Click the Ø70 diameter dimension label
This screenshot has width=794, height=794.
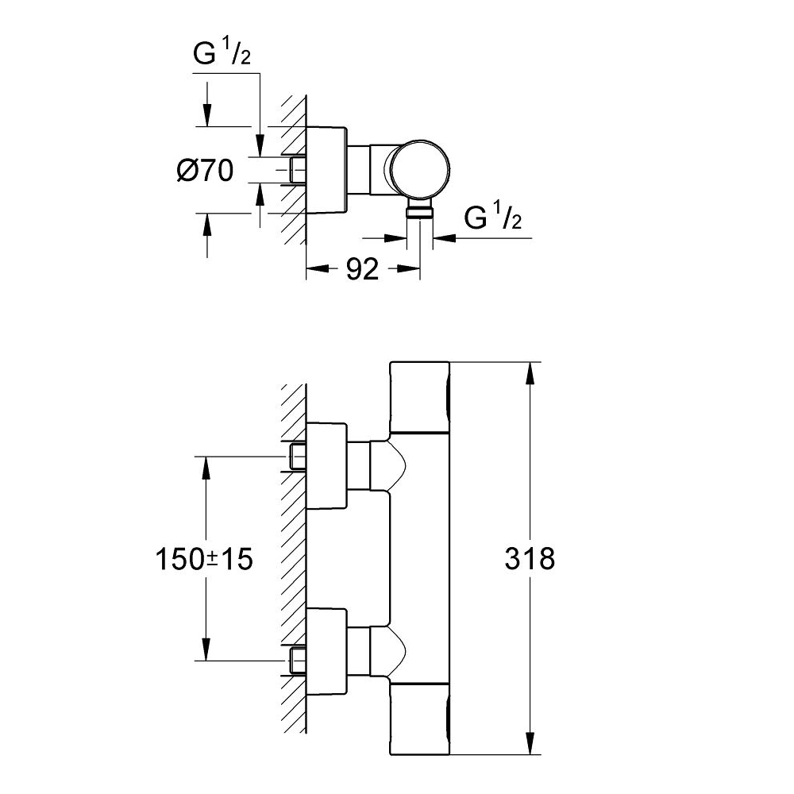pos(206,170)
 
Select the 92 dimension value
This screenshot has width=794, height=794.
pos(362,270)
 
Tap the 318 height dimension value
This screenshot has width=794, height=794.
pos(530,558)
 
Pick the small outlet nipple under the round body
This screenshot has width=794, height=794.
pos(420,210)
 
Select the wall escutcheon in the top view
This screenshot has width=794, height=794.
pos(326,170)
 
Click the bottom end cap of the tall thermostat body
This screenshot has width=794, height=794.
pos(420,719)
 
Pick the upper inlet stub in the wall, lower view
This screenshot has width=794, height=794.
pos(299,457)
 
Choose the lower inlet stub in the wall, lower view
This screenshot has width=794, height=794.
pos(299,660)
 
